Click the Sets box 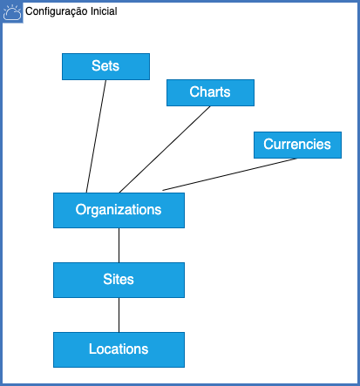pyautogui.click(x=105, y=66)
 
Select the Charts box pyautogui.click(x=210, y=92)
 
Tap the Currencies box pyautogui.click(x=297, y=145)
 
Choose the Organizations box pyautogui.click(x=119, y=210)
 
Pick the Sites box pyautogui.click(x=119, y=280)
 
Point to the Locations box pyautogui.click(x=119, y=349)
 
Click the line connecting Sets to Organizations pyautogui.click(x=96, y=136)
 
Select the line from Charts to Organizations pyautogui.click(x=165, y=149)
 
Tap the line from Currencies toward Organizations pyautogui.click(x=230, y=174)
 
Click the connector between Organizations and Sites pyautogui.click(x=119, y=245)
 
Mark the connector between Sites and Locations pyautogui.click(x=119, y=315)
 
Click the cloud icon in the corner pyautogui.click(x=12, y=13)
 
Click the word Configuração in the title pyautogui.click(x=57, y=11)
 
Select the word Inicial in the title pyautogui.click(x=104, y=11)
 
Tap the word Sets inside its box pyautogui.click(x=105, y=65)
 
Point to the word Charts pyautogui.click(x=210, y=91)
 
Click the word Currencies pyautogui.click(x=297, y=144)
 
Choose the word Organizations pyautogui.click(x=119, y=210)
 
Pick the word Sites pyautogui.click(x=119, y=279)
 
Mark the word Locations pyautogui.click(x=119, y=349)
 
